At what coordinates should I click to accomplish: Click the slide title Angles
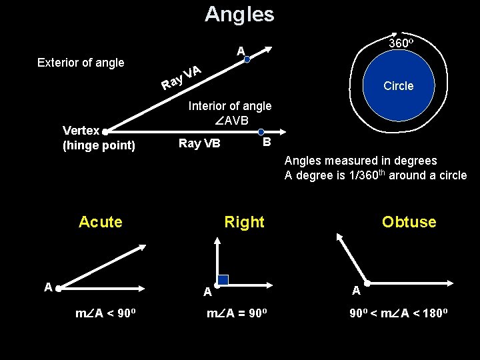239,14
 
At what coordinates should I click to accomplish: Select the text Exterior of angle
81,63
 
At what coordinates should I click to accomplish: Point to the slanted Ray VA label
181,77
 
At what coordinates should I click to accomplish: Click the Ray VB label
199,143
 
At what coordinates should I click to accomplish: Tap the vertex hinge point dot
105,132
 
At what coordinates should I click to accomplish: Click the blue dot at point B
261,132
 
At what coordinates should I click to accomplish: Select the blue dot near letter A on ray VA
247,59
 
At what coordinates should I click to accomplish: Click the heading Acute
101,222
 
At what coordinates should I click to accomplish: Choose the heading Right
244,222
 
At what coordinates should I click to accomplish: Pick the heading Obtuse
409,222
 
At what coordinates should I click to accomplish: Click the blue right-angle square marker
223,280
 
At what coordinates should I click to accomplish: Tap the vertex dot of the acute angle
59,289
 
